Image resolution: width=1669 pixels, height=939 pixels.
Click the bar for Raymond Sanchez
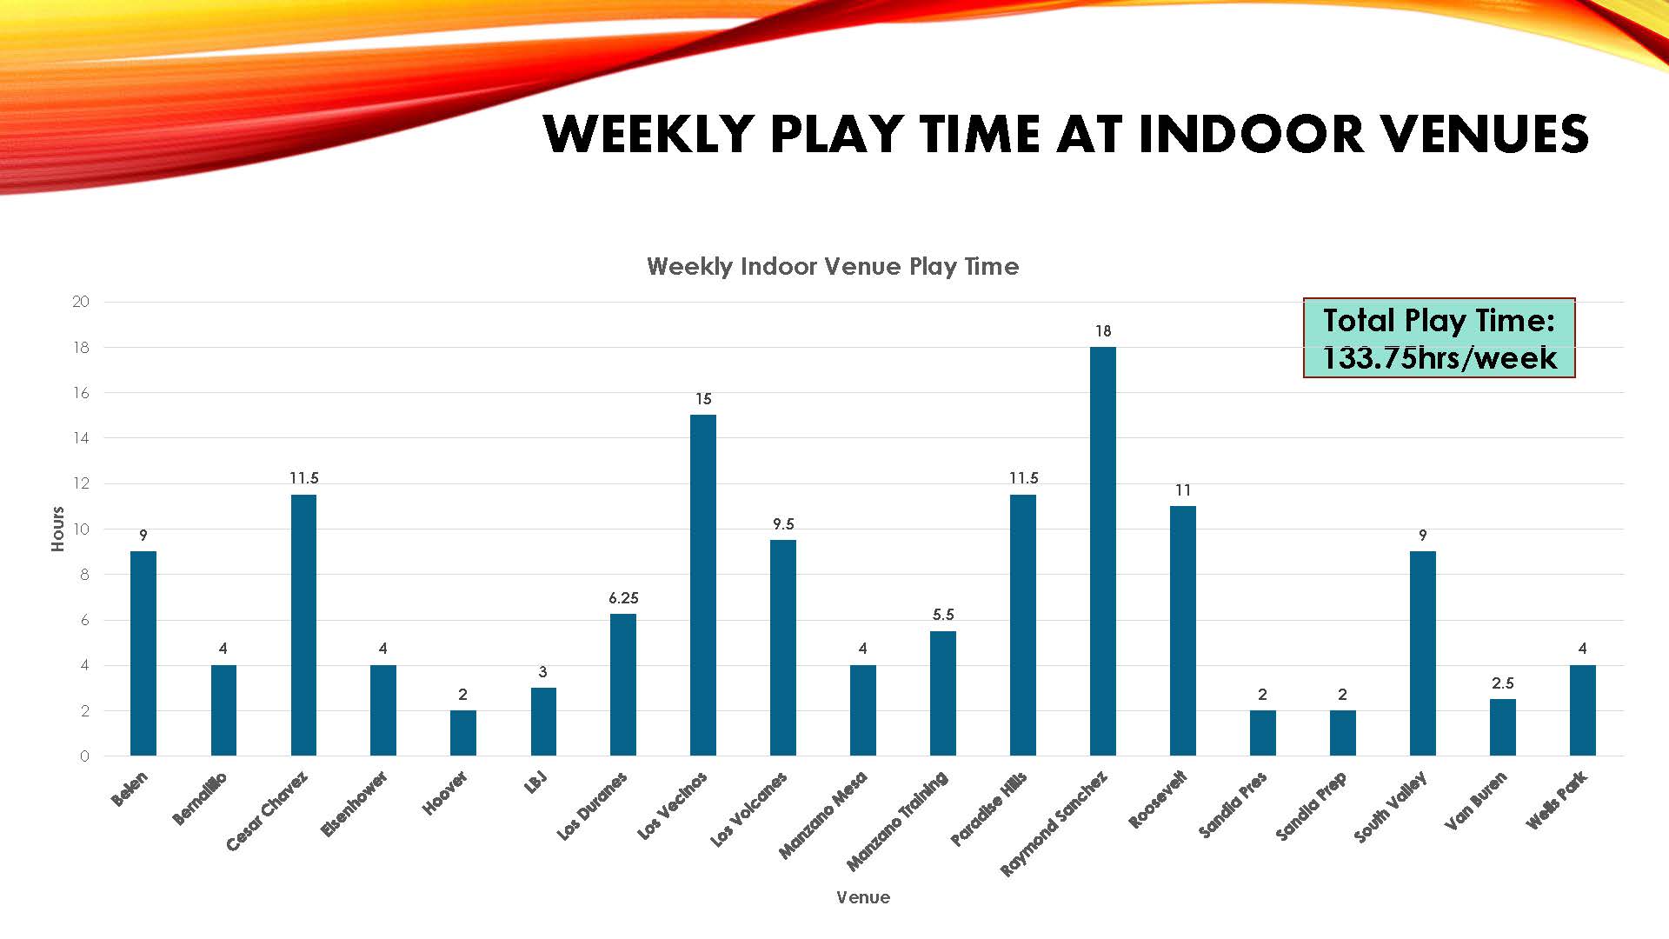coord(1102,551)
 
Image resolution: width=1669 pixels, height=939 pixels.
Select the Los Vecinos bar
coord(703,585)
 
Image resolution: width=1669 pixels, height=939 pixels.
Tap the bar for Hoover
coord(463,733)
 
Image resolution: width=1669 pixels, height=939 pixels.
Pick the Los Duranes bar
coord(623,685)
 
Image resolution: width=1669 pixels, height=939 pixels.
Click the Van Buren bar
coord(1503,728)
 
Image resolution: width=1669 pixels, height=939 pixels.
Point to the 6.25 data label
coord(623,598)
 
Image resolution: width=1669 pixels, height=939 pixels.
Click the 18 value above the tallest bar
coord(1103,331)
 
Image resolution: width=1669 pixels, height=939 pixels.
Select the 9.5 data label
coord(783,524)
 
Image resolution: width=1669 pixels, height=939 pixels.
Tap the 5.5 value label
coord(943,615)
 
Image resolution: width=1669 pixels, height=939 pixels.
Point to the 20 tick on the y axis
coord(81,302)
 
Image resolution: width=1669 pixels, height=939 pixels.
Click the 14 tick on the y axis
coord(81,438)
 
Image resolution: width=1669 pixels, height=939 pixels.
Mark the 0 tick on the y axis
coord(84,756)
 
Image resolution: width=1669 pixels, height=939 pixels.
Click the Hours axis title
coord(58,529)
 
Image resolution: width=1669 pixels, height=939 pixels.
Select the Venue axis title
coord(863,897)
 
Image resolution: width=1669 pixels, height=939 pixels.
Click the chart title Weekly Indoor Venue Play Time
coord(833,266)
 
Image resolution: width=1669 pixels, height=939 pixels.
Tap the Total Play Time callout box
coord(1440,338)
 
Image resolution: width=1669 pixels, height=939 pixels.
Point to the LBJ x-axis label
coord(536,782)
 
